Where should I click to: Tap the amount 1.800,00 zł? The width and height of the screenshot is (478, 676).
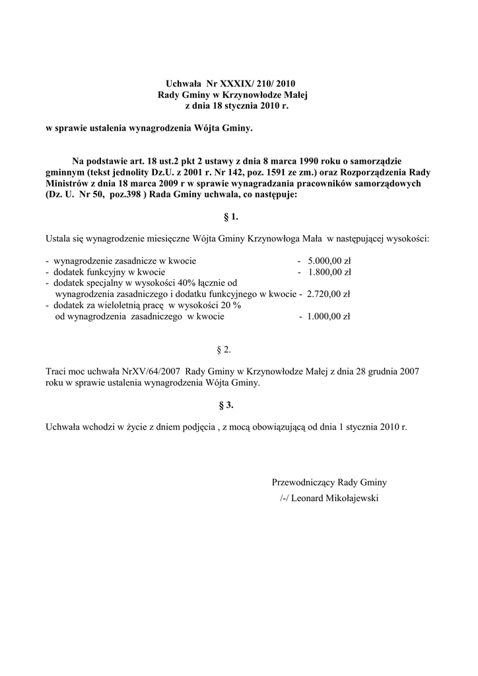pos(329,271)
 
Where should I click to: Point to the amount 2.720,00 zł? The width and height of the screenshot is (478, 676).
pos(328,294)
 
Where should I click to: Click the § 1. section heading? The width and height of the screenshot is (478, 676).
pos(231,216)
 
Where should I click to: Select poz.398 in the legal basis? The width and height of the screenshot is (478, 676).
pos(116,195)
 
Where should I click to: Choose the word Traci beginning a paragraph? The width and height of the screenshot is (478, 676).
pos(57,372)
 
